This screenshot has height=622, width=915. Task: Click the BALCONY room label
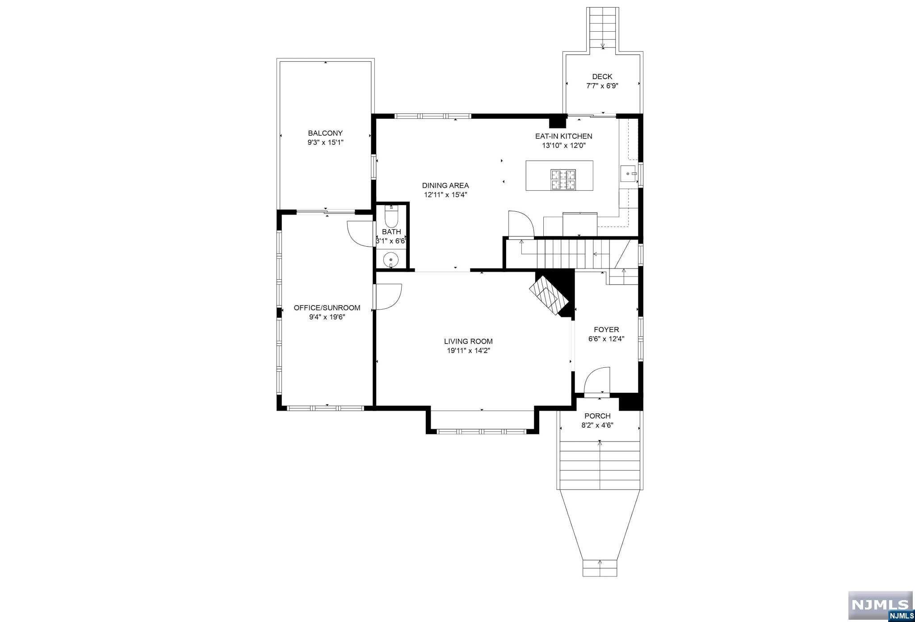325,133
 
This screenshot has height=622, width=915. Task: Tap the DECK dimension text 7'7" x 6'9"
602,86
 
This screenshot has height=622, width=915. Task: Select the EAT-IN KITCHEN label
564,136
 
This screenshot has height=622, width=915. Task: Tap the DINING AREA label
445,185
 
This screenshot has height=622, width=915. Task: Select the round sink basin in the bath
391,259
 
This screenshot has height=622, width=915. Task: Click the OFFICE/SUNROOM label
327,308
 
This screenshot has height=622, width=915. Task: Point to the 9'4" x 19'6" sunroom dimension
327,317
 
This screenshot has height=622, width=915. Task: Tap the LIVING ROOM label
468,341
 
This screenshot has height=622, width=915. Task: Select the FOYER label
606,330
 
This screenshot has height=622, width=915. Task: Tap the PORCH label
597,416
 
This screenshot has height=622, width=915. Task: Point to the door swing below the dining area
521,223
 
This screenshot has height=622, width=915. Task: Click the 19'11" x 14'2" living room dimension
468,351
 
